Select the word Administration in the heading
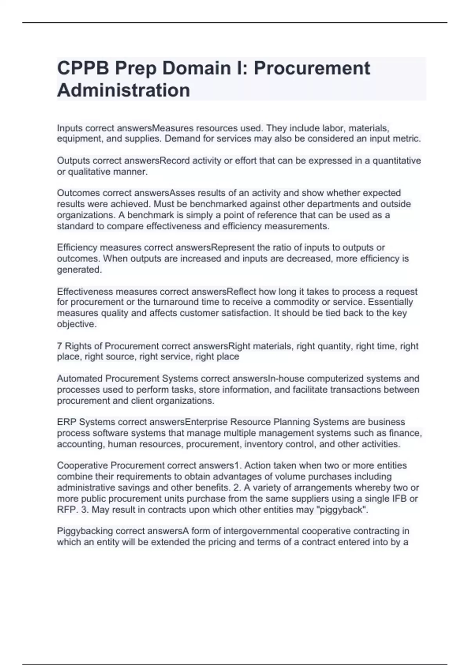[123, 90]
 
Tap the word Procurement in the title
[312, 68]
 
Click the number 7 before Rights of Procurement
[60, 346]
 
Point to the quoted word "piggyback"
[347, 510]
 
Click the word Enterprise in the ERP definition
[206, 422]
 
